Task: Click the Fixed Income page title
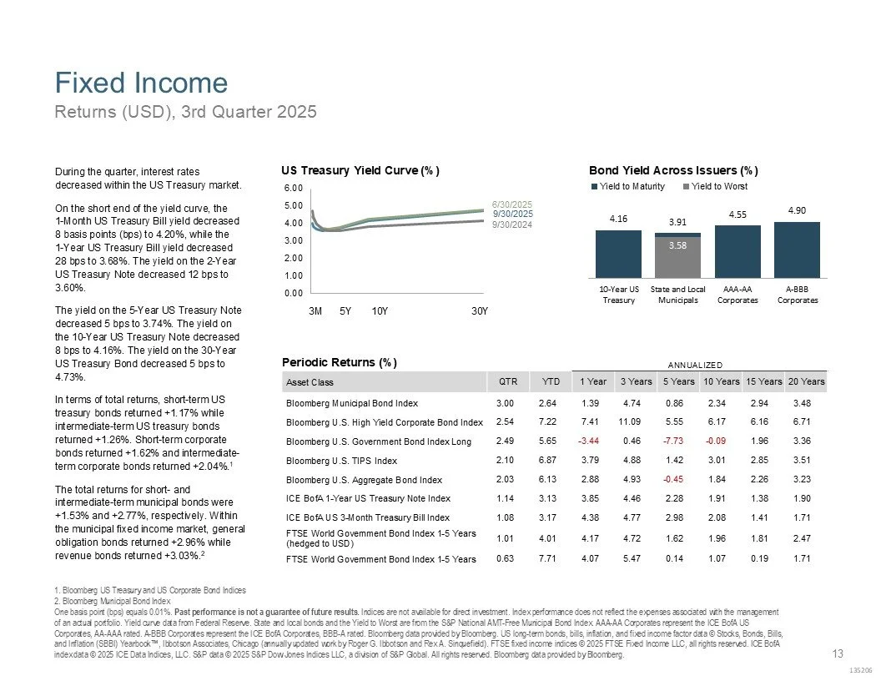pyautogui.click(x=141, y=83)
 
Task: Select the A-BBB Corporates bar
pyautogui.click(x=797, y=250)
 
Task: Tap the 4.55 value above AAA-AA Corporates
pyautogui.click(x=737, y=214)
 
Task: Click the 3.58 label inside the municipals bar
pyautogui.click(x=677, y=245)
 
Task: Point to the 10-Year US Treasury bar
pyautogui.click(x=618, y=254)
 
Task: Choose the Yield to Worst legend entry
pyautogui.click(x=719, y=186)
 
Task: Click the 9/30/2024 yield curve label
pyautogui.click(x=511, y=224)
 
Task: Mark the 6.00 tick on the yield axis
pyautogui.click(x=292, y=188)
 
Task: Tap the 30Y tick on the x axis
pyautogui.click(x=479, y=311)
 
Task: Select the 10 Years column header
pyautogui.click(x=721, y=381)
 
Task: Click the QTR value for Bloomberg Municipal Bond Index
pyautogui.click(x=505, y=403)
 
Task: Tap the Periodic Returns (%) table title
pyautogui.click(x=339, y=363)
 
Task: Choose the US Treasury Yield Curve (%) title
pyautogui.click(x=360, y=170)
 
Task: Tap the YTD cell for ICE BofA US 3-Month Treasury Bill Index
pyautogui.click(x=547, y=517)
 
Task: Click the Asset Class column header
pyautogui.click(x=310, y=382)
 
